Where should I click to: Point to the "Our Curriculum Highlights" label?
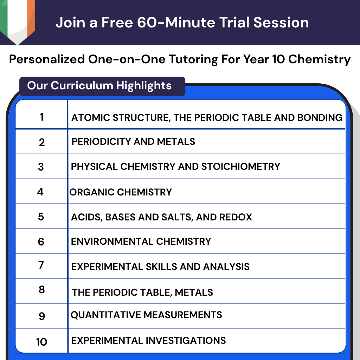click(99, 85)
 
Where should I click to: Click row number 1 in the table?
click(42, 117)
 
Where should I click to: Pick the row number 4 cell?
click(41, 192)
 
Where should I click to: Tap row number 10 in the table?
click(41, 341)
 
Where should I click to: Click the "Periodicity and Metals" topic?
click(133, 142)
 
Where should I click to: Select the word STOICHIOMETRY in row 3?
click(240, 166)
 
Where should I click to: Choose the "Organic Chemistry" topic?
click(121, 192)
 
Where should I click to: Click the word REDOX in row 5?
click(236, 217)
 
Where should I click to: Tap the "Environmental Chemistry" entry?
click(141, 242)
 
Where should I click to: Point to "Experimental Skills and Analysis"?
click(160, 267)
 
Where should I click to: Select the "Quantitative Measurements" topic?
click(146, 315)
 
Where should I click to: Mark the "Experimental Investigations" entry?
click(148, 340)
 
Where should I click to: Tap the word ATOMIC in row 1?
click(87, 117)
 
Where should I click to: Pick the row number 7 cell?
click(41, 265)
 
